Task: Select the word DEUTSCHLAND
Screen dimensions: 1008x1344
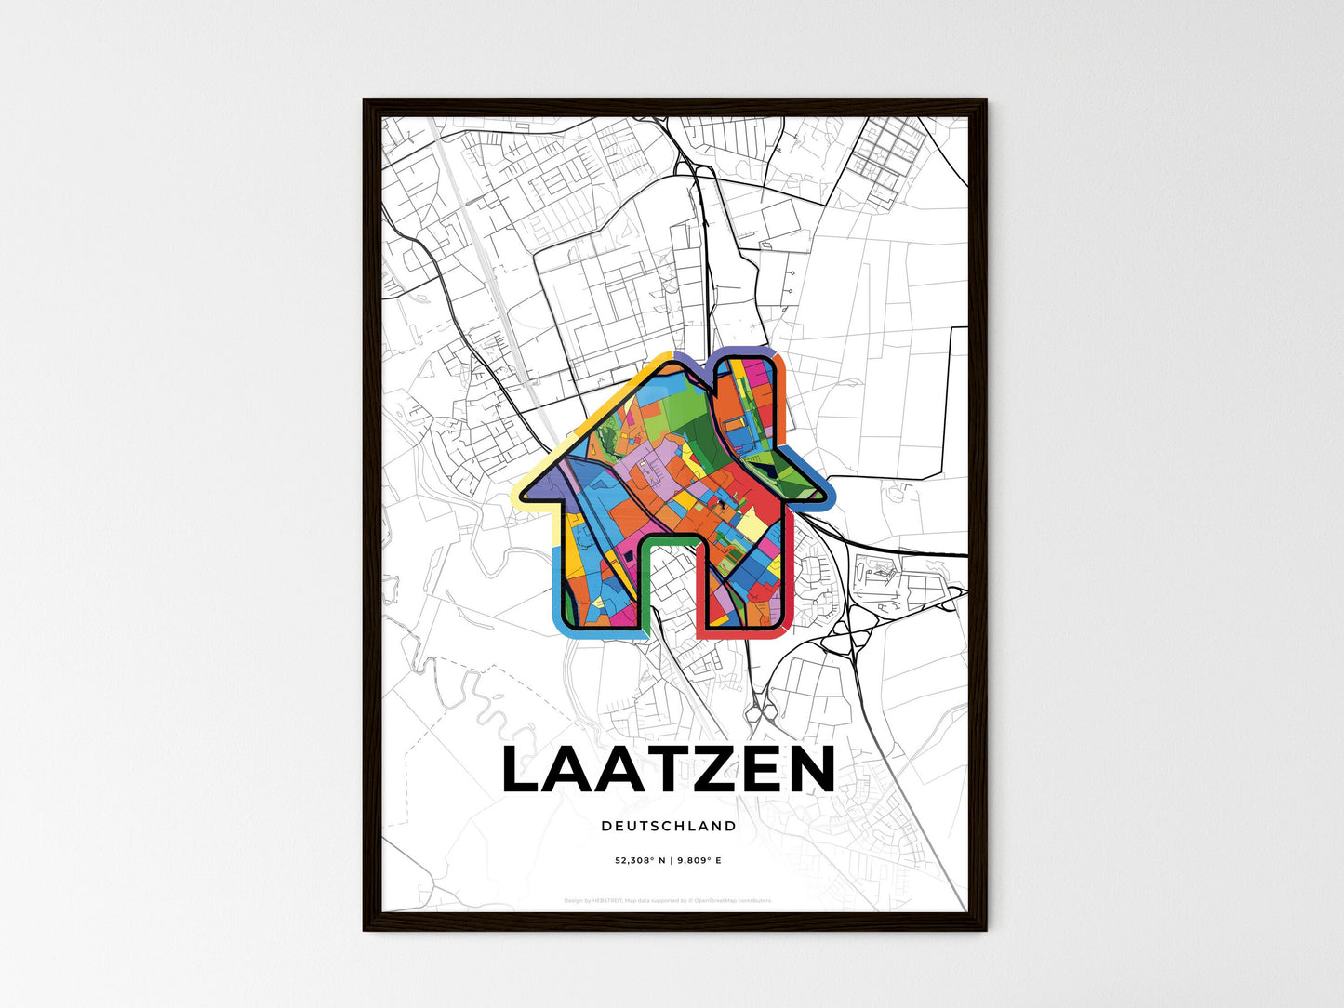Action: point(668,826)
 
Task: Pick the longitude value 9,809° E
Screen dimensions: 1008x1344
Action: point(699,860)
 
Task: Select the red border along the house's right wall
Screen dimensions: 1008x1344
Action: point(790,577)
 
